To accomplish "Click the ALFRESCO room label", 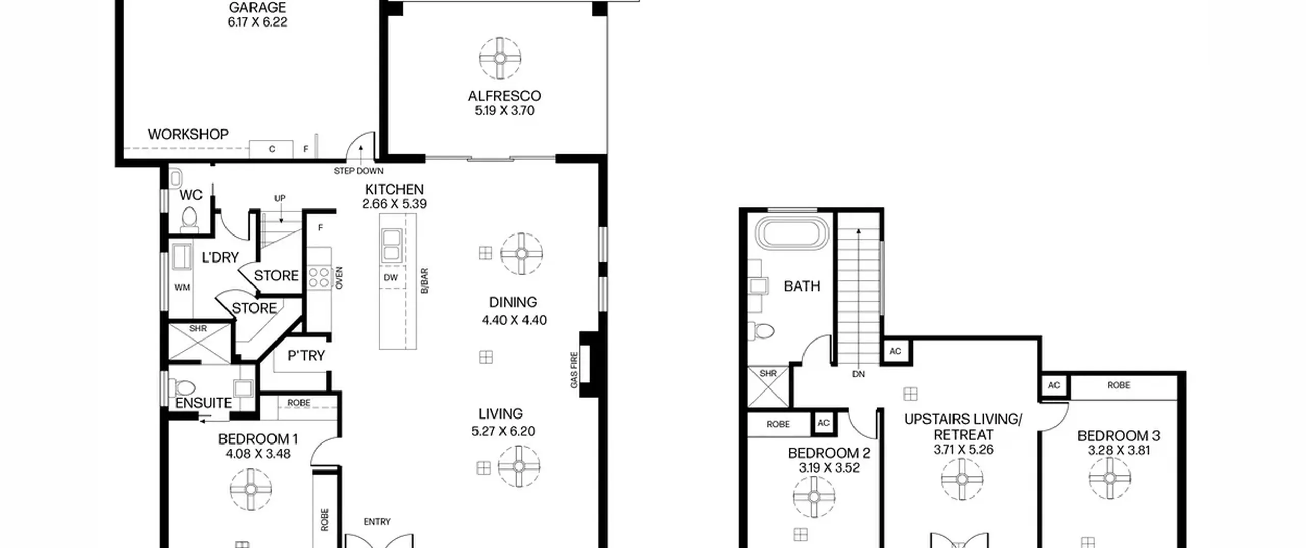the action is click(504, 96).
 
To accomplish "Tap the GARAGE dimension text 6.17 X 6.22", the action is click(257, 22).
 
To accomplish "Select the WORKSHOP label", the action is click(188, 134).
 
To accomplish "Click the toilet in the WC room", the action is click(190, 219).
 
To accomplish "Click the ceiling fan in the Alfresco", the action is click(500, 58).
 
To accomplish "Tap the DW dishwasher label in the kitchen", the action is click(391, 278).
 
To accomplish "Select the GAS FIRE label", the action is click(574, 370).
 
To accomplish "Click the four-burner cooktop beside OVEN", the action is click(319, 277).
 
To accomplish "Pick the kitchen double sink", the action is click(391, 246).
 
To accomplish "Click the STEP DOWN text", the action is click(358, 171).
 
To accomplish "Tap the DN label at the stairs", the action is click(859, 374).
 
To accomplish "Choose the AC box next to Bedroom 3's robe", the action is click(1054, 385).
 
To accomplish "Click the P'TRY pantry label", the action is click(306, 355).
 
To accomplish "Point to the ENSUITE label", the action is click(204, 403).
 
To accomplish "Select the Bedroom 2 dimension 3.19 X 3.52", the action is click(829, 467).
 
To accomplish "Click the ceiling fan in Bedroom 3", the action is click(1110, 478).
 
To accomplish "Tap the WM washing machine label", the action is click(182, 288).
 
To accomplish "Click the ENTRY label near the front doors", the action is click(377, 521).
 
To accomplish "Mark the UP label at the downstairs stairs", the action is click(280, 198).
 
